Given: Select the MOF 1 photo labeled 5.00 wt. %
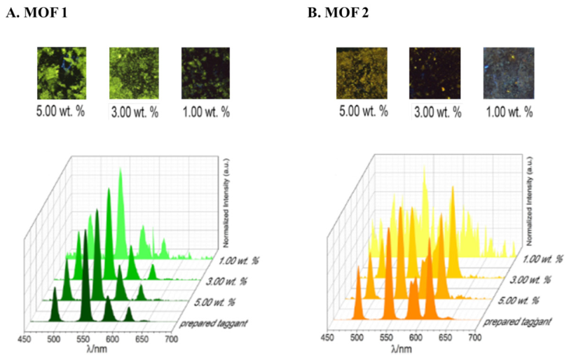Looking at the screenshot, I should click(62, 73).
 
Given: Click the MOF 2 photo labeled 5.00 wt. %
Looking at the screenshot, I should click(361, 73).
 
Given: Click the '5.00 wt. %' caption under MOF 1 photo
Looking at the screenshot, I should click(62, 111).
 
